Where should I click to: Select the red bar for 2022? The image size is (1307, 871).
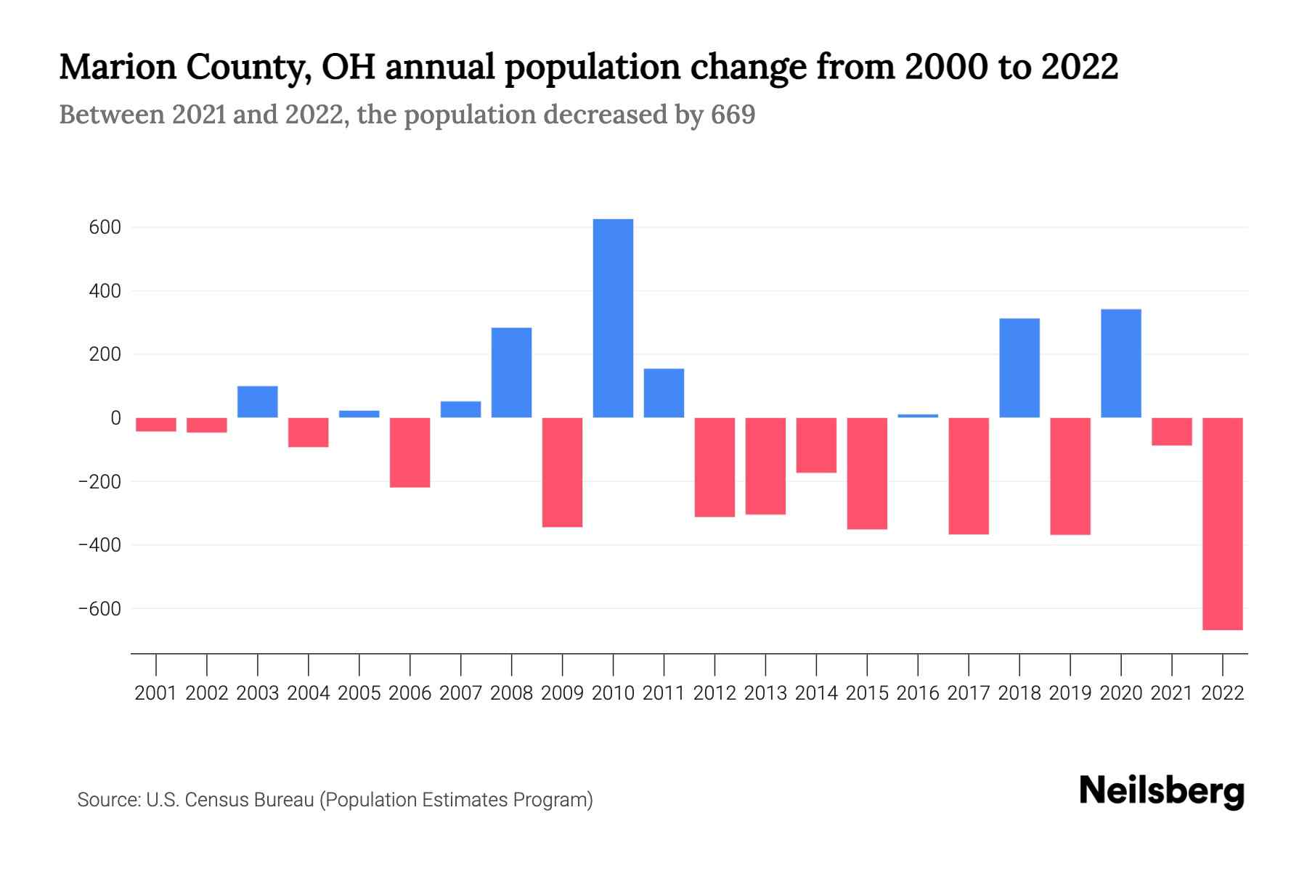[x=1223, y=523]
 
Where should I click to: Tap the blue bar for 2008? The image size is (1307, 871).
[x=511, y=372]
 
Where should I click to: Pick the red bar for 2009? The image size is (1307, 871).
[x=562, y=472]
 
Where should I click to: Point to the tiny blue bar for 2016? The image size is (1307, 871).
[x=918, y=416]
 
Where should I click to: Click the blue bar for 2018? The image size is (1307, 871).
[x=1019, y=368]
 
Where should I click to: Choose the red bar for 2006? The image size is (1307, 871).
[x=410, y=452]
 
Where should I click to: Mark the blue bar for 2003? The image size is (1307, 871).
[x=258, y=401]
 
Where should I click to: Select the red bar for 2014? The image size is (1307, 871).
[x=816, y=445]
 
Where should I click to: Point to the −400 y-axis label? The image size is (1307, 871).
[x=100, y=545]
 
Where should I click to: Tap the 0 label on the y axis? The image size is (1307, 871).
[x=115, y=418]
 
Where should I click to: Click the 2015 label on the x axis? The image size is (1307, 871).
[x=867, y=693]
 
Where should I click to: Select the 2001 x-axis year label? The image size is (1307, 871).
[x=156, y=693]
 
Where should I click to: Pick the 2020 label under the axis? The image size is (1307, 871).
[x=1121, y=693]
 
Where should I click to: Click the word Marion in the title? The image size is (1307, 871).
[x=117, y=67]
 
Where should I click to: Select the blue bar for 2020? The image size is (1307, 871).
[x=1121, y=363]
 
